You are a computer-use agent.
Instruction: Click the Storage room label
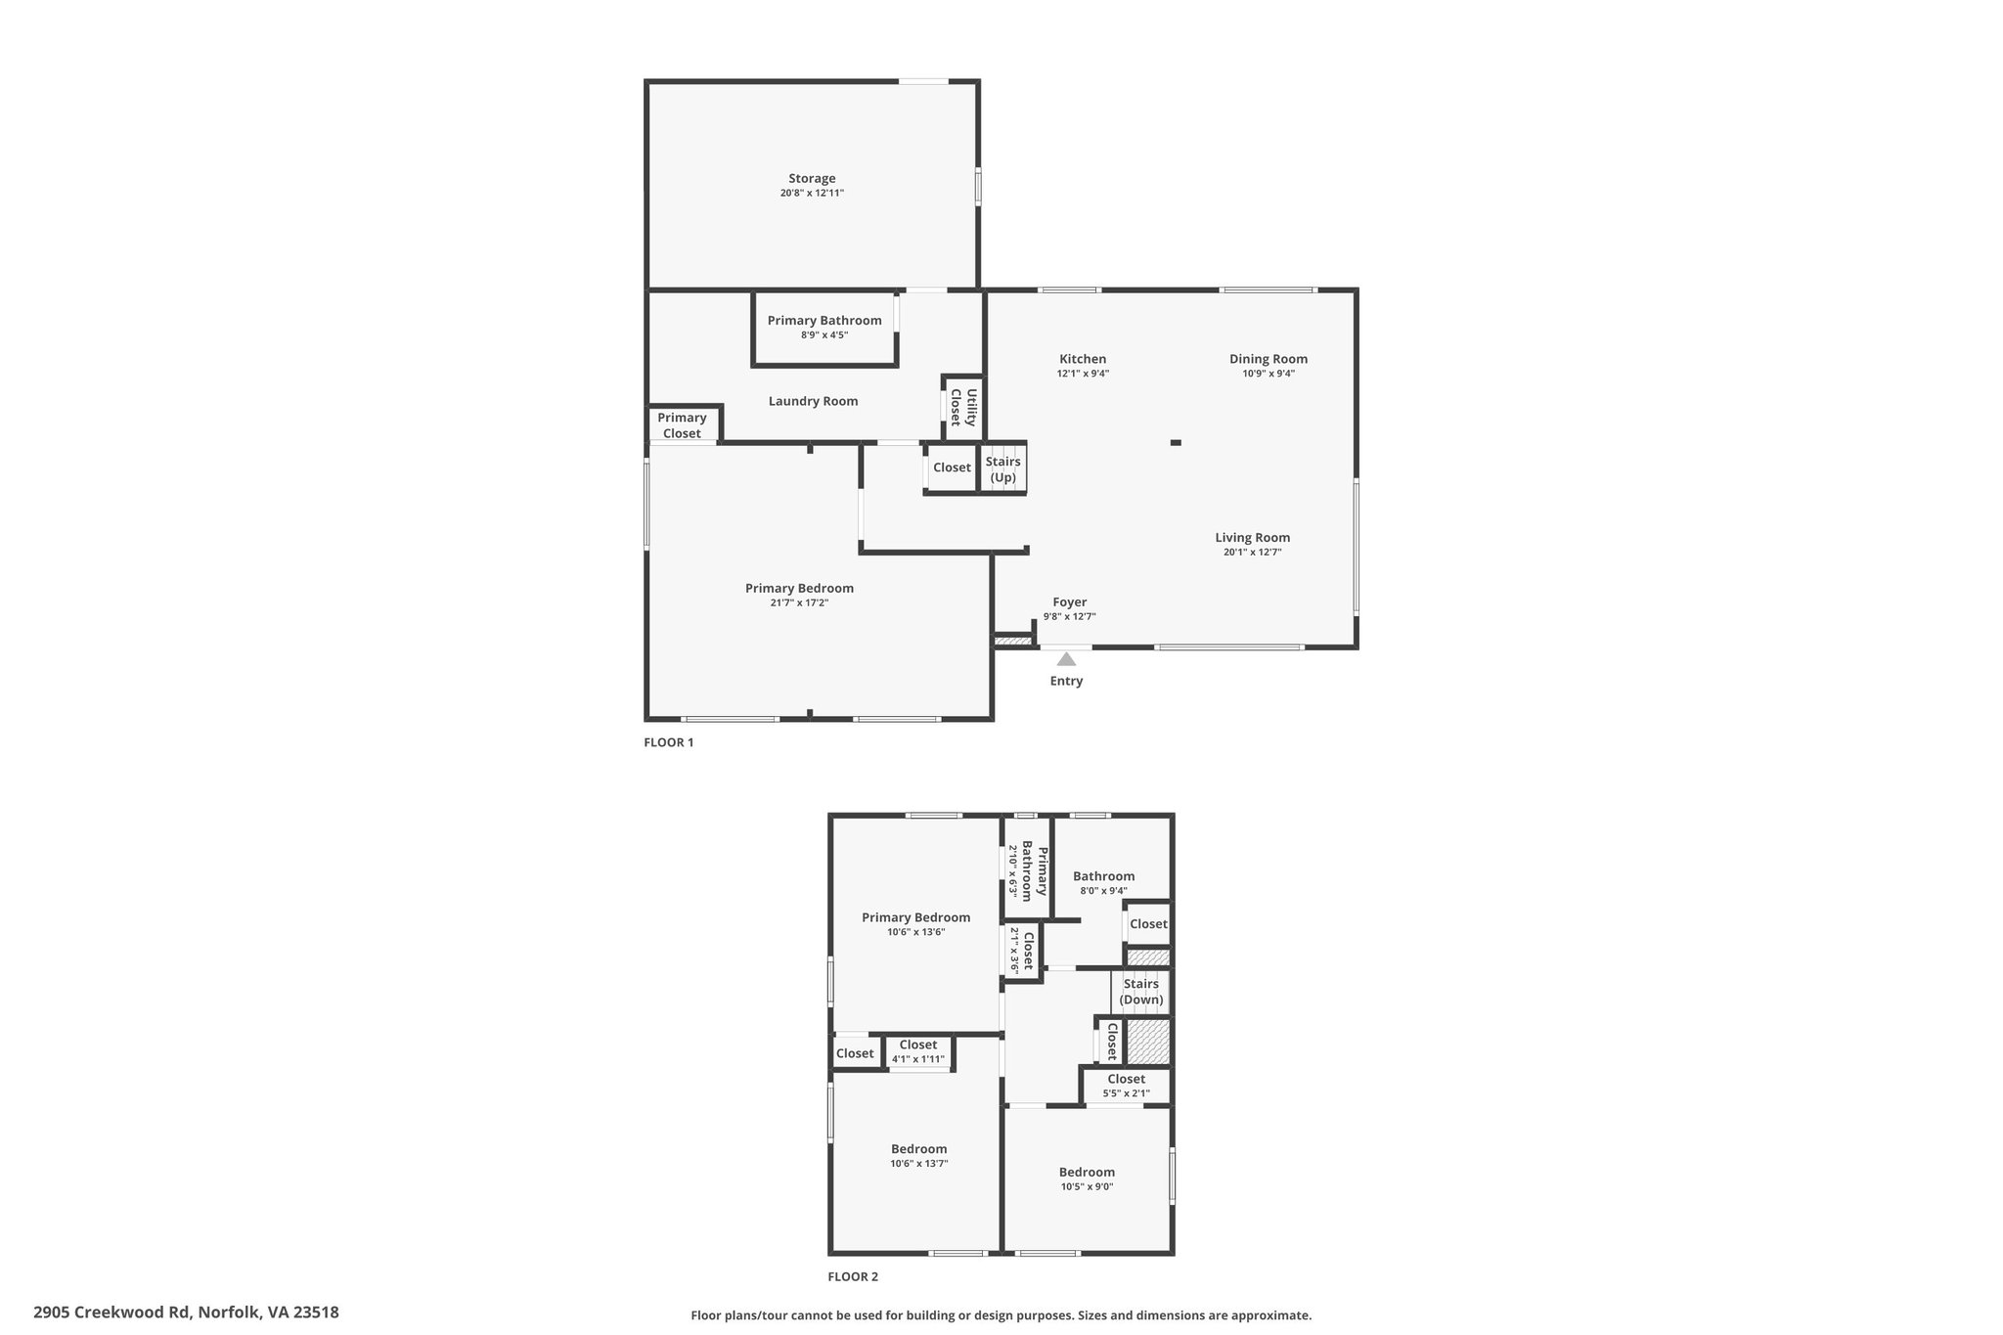812,179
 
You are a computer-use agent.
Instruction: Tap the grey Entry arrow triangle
1066,659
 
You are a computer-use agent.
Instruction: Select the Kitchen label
1083,359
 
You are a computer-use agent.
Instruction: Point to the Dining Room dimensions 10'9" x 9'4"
1269,374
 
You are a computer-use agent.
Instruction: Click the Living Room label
1252,538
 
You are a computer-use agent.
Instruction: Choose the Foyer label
1069,602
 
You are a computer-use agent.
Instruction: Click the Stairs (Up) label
1002,469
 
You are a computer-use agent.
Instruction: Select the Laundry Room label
813,401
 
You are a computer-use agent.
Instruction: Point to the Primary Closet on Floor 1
682,425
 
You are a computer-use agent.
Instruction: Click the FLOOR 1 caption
668,742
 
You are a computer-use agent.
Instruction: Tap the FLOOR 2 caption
853,1276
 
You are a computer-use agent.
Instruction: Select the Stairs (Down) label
1141,992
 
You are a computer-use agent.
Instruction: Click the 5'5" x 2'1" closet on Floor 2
1126,1086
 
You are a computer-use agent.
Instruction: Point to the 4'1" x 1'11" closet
918,1051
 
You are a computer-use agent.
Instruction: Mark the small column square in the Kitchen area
1176,443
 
